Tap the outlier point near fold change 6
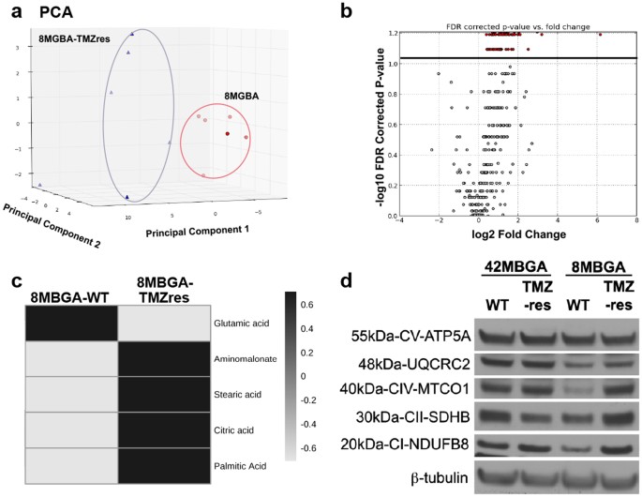(x=599, y=35)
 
